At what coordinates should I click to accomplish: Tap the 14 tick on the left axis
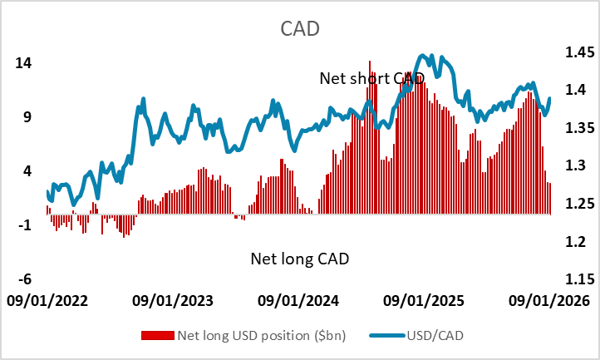tap(23, 63)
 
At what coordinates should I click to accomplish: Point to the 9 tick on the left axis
tap(27, 117)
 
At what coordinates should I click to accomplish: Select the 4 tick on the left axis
tap(27, 171)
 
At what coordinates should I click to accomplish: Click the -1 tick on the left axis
tap(24, 225)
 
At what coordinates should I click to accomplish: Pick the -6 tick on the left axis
tap(24, 279)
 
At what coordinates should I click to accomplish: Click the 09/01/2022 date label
tap(47, 300)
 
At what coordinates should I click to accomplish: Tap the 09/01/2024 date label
tap(298, 300)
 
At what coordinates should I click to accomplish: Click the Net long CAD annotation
tap(299, 259)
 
